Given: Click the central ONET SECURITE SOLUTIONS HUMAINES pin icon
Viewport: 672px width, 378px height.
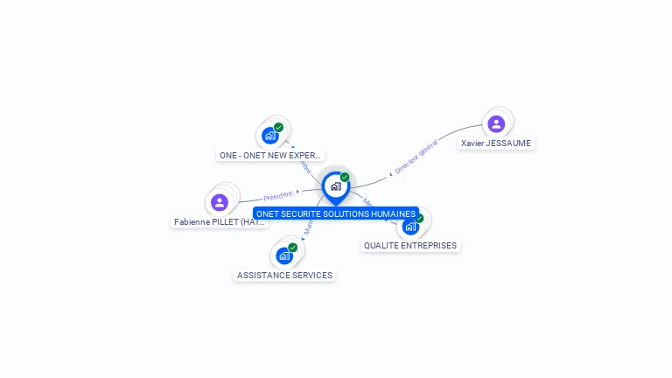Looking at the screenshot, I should (x=335, y=186).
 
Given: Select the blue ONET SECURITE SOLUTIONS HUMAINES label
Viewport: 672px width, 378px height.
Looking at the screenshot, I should (x=336, y=213).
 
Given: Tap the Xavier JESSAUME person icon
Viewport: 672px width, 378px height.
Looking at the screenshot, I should (x=496, y=123).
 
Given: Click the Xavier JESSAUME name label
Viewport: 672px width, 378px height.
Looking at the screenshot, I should (x=496, y=143).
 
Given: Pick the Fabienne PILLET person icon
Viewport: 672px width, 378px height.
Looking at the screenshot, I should (x=220, y=202).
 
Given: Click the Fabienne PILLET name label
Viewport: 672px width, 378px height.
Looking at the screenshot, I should (x=220, y=222).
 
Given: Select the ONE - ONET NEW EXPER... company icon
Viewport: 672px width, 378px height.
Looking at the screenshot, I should (x=270, y=136).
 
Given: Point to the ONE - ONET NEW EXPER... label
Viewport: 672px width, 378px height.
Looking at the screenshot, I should (x=270, y=155).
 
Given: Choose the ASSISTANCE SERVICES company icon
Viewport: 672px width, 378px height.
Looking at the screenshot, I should (x=284, y=255).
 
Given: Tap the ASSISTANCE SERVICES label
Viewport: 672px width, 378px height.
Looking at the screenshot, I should (x=285, y=275).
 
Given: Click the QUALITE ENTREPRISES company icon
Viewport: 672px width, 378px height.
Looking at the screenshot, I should (x=410, y=227).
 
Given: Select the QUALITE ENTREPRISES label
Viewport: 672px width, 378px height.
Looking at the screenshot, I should (x=410, y=246).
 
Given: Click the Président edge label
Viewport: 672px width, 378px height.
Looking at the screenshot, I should (x=277, y=195).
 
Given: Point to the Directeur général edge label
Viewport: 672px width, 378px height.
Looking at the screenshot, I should (x=416, y=157).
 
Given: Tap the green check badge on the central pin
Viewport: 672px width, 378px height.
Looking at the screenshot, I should (x=345, y=177).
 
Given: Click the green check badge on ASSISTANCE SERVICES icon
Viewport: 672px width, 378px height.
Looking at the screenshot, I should (x=293, y=248).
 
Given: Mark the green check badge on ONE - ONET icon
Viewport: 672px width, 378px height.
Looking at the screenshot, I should (x=279, y=128).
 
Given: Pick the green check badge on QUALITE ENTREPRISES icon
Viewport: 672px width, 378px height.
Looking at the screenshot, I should (x=419, y=219).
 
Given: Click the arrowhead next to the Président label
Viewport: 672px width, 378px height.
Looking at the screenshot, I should (x=297, y=192).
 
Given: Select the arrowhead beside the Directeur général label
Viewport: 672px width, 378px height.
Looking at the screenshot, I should (x=390, y=175).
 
